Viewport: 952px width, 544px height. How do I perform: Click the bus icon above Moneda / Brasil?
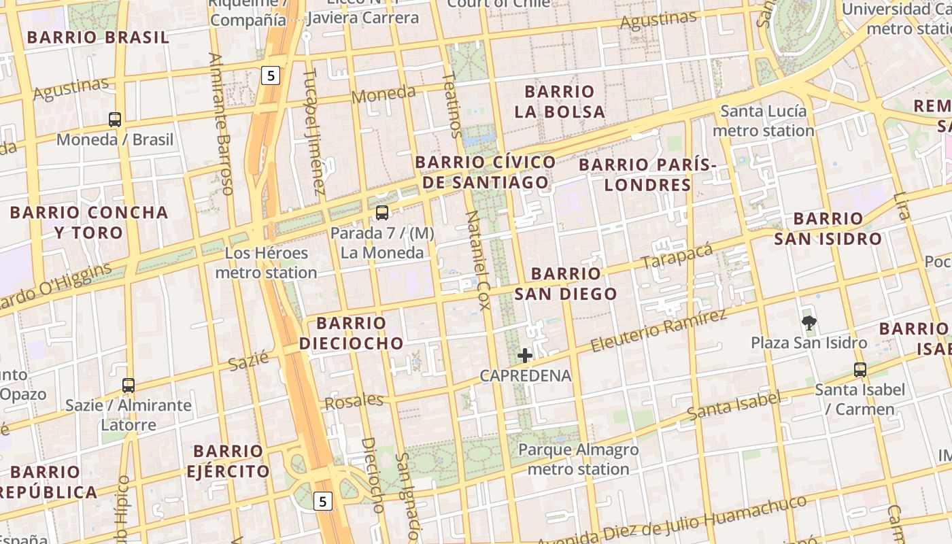(x=115, y=120)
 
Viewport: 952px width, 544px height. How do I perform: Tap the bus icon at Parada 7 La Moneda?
(x=382, y=213)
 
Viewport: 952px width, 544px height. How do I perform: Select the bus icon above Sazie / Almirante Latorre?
(x=129, y=386)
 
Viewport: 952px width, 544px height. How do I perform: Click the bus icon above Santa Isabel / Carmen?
(x=860, y=370)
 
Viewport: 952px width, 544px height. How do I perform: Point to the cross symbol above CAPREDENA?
(x=525, y=356)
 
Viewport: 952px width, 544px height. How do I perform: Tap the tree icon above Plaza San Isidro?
(x=809, y=323)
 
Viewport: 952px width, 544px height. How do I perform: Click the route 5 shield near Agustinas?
(x=271, y=75)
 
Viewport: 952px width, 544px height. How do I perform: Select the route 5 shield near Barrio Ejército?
(x=323, y=502)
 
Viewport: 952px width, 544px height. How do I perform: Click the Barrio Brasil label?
(x=98, y=37)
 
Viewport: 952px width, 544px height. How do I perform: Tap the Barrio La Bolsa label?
(x=560, y=101)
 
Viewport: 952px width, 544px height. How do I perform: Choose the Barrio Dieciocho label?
(x=352, y=333)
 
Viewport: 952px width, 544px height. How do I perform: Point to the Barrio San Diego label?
(x=566, y=284)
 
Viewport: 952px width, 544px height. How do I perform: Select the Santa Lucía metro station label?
(x=764, y=120)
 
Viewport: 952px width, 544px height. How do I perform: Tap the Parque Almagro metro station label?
(x=579, y=459)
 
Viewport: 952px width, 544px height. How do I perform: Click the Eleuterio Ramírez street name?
(x=658, y=330)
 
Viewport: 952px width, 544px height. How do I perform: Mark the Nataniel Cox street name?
(x=477, y=260)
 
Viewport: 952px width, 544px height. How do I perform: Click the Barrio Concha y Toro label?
(x=89, y=222)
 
